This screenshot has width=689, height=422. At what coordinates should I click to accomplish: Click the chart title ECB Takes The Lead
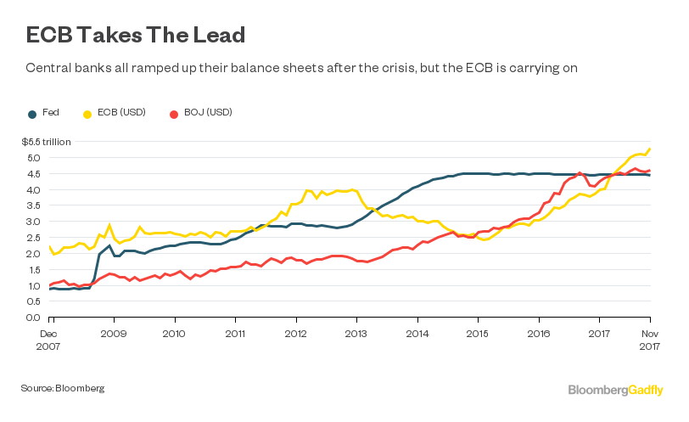[136, 35]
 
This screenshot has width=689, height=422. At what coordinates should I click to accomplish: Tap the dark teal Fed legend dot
[32, 113]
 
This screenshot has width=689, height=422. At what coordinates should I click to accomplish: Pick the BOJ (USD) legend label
[208, 113]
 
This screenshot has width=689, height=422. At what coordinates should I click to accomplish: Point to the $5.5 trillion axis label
[47, 142]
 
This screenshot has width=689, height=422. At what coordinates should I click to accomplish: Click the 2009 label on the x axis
[114, 334]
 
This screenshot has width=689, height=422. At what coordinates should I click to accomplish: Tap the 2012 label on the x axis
[295, 334]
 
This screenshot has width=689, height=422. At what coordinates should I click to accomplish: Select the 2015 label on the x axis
[477, 334]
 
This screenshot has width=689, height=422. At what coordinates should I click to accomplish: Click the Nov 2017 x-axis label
[650, 340]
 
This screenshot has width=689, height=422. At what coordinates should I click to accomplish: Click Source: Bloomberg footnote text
[63, 388]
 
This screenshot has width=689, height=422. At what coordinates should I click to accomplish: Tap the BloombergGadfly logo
[615, 389]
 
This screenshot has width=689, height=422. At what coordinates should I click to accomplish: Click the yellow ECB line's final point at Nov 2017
[650, 149]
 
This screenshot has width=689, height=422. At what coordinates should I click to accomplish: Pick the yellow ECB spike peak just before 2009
[109, 226]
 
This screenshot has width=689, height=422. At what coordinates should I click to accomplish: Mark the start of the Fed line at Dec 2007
[50, 289]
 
